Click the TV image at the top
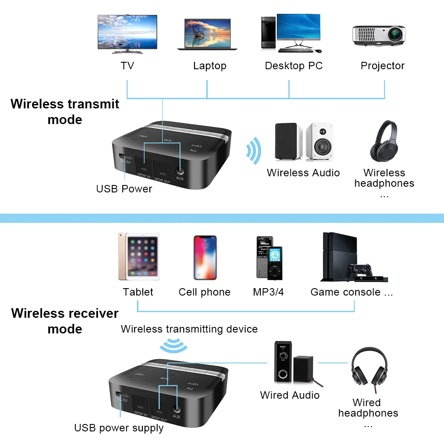click(x=127, y=34)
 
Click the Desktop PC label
click(x=294, y=66)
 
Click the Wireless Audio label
click(x=303, y=173)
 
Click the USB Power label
click(x=124, y=189)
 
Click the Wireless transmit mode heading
click(x=65, y=111)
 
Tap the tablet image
click(x=138, y=257)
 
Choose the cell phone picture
click(x=205, y=257)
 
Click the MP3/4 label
click(x=268, y=292)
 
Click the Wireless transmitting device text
click(x=189, y=329)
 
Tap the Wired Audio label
click(x=289, y=395)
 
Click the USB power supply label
click(x=119, y=428)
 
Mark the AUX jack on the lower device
click(x=176, y=409)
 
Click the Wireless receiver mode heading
click(x=65, y=321)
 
